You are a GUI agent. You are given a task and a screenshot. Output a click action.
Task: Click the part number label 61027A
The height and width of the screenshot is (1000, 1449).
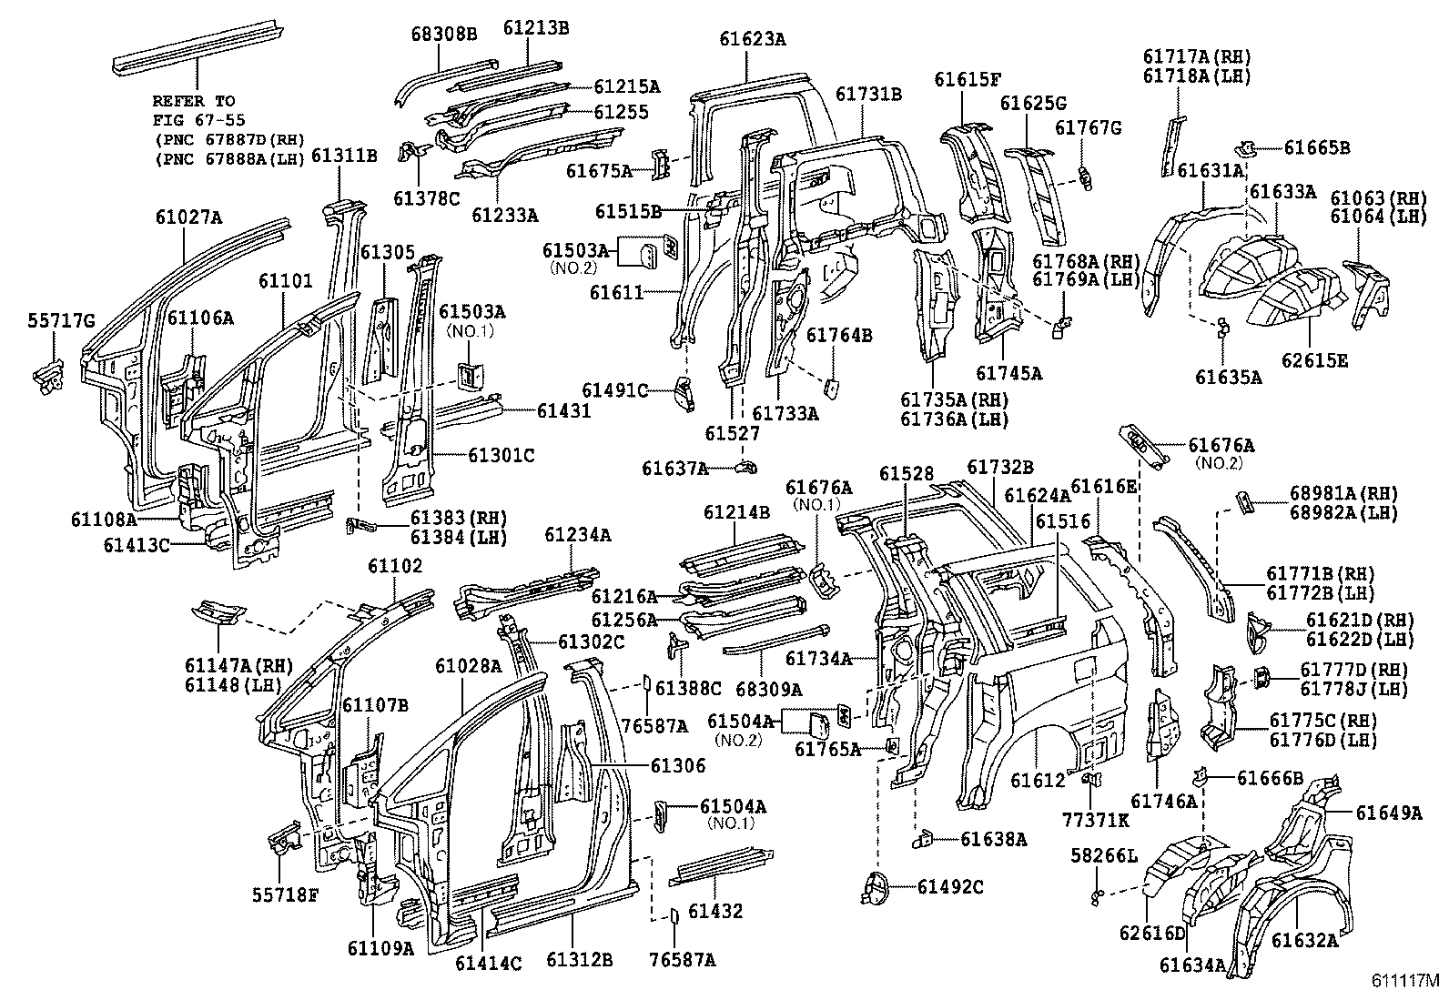[187, 217]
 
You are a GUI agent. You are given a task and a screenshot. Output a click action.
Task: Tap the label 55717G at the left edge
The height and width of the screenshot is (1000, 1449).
[60, 318]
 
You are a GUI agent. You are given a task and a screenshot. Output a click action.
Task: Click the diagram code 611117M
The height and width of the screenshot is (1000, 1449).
[1406, 982]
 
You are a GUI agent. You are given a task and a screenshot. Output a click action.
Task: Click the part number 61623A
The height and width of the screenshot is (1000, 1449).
[752, 39]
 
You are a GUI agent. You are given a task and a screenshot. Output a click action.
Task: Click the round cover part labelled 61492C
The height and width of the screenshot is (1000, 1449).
[875, 886]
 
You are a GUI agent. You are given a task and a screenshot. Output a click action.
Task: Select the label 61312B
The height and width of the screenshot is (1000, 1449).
[579, 960]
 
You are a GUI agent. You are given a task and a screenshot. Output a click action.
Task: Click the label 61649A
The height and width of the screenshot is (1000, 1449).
[1387, 813]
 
